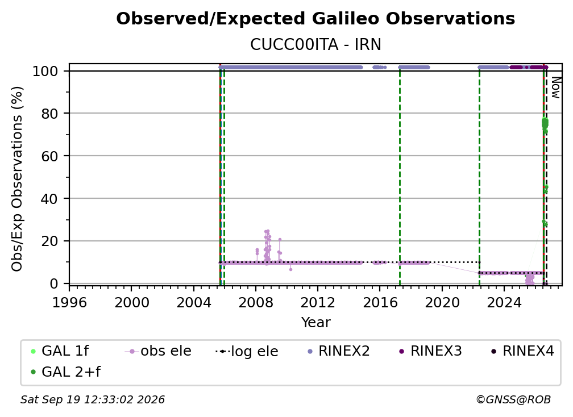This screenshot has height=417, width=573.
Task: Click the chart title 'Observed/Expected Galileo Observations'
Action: click(315, 19)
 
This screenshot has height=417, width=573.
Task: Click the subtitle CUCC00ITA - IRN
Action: click(315, 45)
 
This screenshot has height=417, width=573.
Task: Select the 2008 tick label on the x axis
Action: click(255, 303)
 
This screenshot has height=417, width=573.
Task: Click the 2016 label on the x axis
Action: click(380, 303)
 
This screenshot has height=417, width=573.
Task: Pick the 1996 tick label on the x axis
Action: click(69, 303)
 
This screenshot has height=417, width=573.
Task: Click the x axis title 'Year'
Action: click(315, 323)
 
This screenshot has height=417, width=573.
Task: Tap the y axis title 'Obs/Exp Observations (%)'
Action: click(17, 179)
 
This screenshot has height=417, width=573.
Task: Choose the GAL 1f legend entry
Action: click(60, 351)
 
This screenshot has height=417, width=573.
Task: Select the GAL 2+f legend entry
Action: click(65, 372)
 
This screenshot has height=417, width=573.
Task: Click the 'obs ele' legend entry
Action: click(158, 351)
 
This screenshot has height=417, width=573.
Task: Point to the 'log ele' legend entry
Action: click(247, 351)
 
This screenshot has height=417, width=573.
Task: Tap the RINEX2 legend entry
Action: click(338, 351)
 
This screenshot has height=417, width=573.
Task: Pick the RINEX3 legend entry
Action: click(430, 351)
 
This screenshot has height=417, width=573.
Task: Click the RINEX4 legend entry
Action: click(522, 351)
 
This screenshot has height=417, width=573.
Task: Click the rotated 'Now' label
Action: click(555, 87)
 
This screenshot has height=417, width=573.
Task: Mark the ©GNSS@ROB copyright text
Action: click(513, 400)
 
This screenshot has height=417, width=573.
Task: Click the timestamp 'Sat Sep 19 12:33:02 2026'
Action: click(93, 400)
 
